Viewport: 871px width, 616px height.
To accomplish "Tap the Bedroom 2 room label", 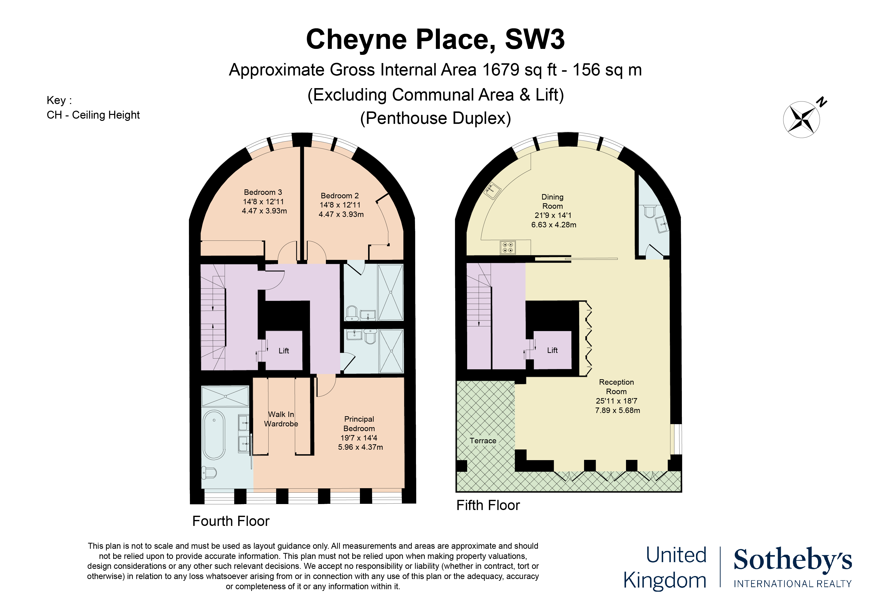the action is [340, 196].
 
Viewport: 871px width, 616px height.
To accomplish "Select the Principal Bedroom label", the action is [359, 424].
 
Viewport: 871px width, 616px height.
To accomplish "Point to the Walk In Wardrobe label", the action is [281, 419].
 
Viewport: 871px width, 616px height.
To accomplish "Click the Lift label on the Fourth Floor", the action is [284, 351].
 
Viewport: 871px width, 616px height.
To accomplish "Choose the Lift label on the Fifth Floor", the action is [552, 350].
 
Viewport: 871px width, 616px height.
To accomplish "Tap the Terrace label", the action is [483, 441].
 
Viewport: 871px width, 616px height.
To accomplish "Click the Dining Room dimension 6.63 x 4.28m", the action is [554, 225].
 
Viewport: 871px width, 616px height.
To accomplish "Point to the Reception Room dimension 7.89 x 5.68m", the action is [618, 411].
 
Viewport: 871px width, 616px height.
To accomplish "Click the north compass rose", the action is [801, 119].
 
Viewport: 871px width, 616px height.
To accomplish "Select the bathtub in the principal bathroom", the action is [214, 435].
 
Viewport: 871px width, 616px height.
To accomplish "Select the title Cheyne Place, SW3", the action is [435, 40].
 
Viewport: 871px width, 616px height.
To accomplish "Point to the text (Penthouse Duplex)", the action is [435, 118].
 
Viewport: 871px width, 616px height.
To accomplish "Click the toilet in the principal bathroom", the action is [209, 473].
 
